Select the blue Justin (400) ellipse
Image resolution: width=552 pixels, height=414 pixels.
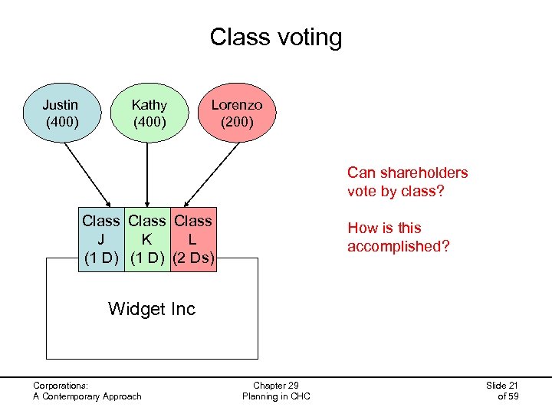coord(61,113)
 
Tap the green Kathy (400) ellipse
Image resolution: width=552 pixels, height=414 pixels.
coord(149,113)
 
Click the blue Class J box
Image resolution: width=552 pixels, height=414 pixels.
coord(102,238)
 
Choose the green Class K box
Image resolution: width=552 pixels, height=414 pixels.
coord(147,238)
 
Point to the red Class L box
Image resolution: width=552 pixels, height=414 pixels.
coord(194,238)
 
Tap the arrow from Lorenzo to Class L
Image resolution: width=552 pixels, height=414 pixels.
coord(212,173)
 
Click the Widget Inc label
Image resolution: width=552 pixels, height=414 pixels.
coord(152,309)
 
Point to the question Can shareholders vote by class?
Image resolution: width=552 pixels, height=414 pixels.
coord(407,182)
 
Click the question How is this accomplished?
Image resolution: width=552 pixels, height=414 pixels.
coord(398,237)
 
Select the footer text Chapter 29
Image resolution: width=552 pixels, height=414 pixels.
coord(275,386)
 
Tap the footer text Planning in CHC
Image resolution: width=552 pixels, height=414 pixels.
coord(275,396)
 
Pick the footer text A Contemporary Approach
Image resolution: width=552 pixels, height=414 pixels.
coord(87,396)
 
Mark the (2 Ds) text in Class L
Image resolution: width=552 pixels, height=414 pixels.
coord(194,257)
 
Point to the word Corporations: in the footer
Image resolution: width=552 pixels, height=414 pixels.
coord(61,386)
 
